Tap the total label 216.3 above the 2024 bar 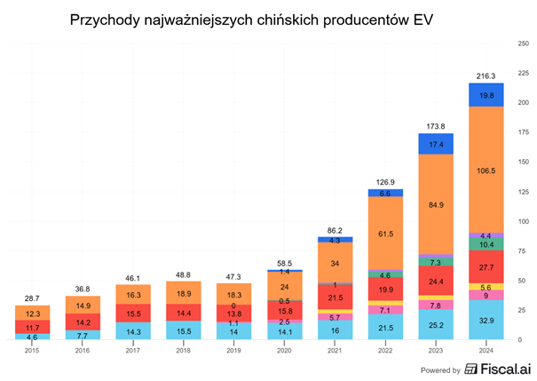tap(486, 75)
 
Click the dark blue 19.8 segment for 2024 tap(486, 94)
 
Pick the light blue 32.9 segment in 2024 tap(486, 319)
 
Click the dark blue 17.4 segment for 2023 tap(436, 144)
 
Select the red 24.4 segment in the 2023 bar tap(436, 282)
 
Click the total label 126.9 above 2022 tap(385, 182)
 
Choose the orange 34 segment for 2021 tap(335, 263)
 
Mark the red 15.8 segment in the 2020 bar tap(284, 311)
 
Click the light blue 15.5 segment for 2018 tap(183, 330)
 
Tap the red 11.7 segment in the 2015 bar tap(32, 327)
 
